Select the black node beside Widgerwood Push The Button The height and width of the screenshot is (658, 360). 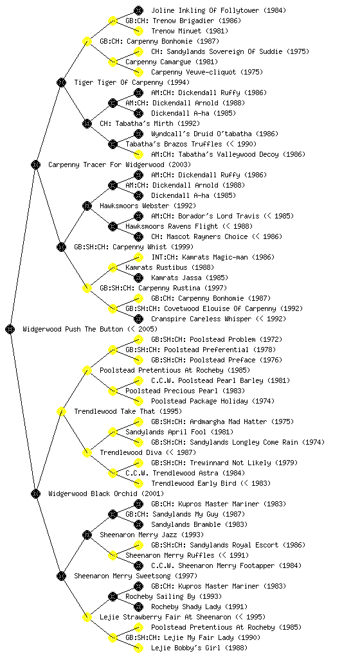click(10, 329)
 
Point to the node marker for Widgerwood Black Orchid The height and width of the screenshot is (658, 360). click(35, 493)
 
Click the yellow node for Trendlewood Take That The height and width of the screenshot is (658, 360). click(61, 411)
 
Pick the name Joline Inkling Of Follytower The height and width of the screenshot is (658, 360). click(205, 10)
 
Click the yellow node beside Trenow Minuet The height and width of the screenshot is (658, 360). click(138, 31)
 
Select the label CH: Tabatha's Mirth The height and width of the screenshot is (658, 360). click(136, 123)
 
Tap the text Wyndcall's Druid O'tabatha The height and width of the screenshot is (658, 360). click(201, 134)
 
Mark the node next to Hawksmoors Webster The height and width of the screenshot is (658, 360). click(87, 206)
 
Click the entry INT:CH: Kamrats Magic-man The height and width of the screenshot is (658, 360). click(199, 257)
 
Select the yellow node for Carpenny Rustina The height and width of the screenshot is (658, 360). click(87, 288)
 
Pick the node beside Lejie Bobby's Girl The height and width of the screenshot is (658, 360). click(138, 648)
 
